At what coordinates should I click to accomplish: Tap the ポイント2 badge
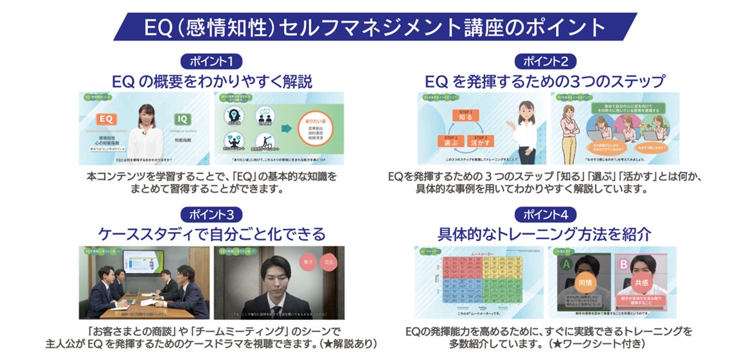coord(545,62)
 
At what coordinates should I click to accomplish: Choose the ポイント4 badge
coord(545,215)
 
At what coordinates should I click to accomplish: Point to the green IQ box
coord(183,119)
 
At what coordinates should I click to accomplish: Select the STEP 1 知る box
coord(465,116)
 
